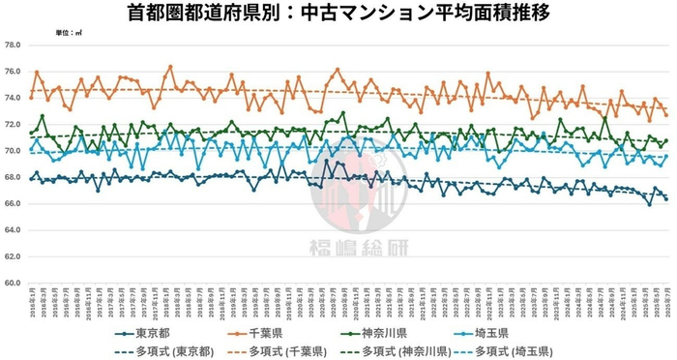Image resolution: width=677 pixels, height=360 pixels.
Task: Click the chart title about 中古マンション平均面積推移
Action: [338, 14]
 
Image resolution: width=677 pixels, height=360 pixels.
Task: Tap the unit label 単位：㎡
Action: [68, 34]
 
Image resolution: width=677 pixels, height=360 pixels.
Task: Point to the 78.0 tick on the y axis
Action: [13, 45]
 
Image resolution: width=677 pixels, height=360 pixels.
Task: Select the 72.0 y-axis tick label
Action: [13, 125]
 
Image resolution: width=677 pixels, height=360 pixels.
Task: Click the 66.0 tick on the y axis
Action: [13, 204]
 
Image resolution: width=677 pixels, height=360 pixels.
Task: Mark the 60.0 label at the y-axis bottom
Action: [13, 284]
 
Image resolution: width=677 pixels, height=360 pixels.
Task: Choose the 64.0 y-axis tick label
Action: [13, 230]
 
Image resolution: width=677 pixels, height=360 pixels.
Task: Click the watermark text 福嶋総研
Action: [338, 245]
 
